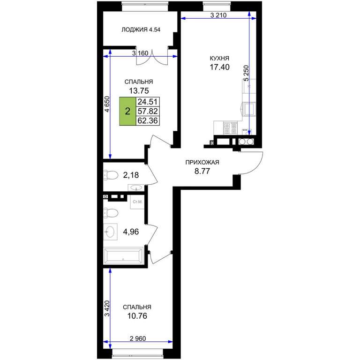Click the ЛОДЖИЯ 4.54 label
[141, 30]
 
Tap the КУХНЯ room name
[219, 58]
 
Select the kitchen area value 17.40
[219, 67]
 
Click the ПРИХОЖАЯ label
[202, 162]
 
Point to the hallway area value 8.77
[202, 171]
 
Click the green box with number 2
[127, 112]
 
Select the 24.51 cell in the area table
[148, 102]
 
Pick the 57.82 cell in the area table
[148, 112]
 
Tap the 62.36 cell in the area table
[148, 120]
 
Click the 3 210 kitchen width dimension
[218, 15]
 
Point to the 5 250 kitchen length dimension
[246, 74]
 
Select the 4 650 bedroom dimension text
[107, 104]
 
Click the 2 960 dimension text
[138, 338]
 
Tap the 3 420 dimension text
[107, 308]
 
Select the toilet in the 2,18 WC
[111, 175]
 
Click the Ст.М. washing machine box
[137, 202]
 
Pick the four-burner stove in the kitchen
[230, 128]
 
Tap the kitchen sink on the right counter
[249, 109]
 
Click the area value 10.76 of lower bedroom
[137, 316]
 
